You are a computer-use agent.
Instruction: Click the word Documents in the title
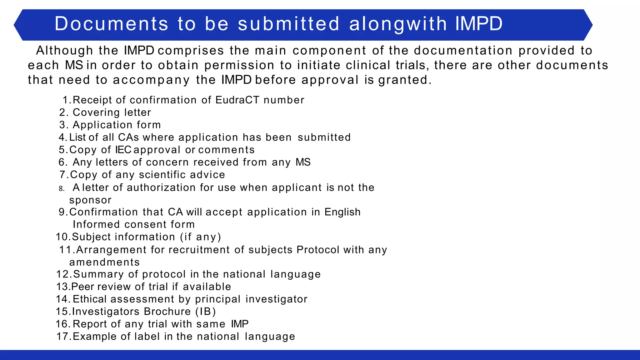111,24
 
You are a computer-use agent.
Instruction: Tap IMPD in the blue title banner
479,24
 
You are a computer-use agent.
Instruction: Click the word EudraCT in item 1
237,100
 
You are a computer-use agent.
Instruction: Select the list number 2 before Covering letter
62,112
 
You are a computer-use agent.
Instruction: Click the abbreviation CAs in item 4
128,137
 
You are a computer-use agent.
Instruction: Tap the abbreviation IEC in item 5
123,150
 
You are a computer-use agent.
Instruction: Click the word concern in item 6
167,162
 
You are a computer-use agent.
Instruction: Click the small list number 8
62,188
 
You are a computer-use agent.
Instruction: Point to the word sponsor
90,200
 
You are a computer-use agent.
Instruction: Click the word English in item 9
342,212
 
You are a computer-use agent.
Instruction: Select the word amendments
104,262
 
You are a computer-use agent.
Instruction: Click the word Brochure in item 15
167,312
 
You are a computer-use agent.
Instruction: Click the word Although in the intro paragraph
64,51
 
